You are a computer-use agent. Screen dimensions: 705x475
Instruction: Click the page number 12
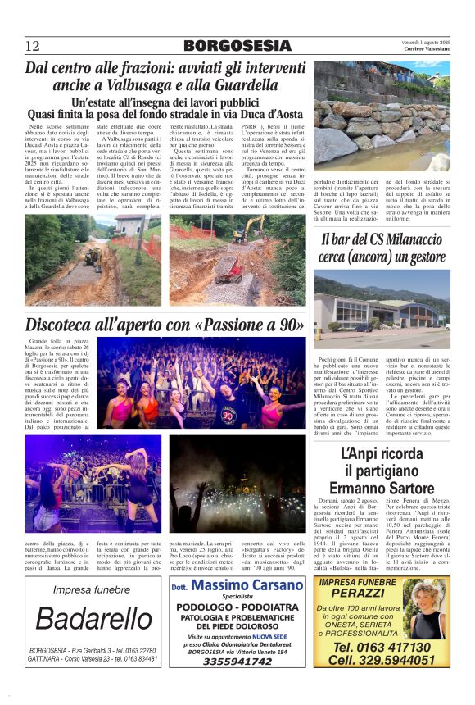(x=33, y=45)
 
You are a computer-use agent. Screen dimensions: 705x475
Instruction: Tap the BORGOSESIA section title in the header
(x=237, y=45)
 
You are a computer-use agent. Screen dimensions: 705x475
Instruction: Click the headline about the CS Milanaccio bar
(x=382, y=248)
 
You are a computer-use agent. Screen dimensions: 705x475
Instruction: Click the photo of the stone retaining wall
(x=382, y=118)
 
